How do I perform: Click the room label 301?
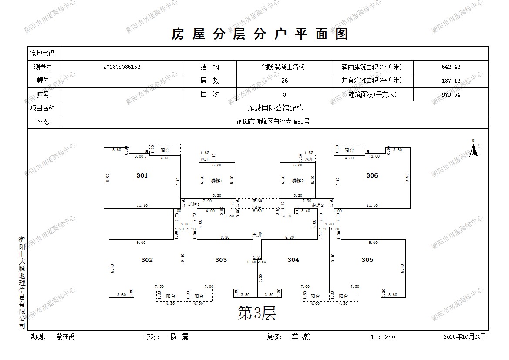click(142, 175)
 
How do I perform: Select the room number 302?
click(147, 260)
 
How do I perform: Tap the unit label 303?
click(221, 260)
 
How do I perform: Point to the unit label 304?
click(293, 260)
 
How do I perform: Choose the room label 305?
click(367, 260)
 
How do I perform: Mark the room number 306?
click(372, 175)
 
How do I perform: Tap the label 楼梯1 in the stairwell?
click(216, 181)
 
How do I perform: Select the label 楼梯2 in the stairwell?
click(297, 181)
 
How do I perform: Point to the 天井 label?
click(257, 234)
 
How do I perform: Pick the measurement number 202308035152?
click(122, 67)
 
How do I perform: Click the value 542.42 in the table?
click(451, 67)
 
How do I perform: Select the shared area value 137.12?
click(451, 81)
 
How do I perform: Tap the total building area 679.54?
click(451, 94)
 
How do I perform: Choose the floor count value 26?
click(285, 81)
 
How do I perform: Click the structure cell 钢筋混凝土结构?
click(283, 67)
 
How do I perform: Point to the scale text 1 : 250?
click(383, 337)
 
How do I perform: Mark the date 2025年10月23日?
click(464, 336)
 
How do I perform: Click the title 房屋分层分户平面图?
click(260, 34)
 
